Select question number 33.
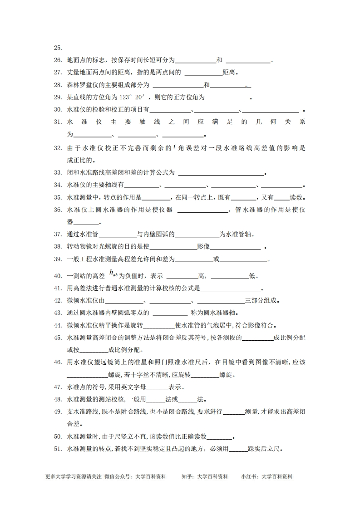(x=58, y=172)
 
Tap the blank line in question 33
(x=221, y=173)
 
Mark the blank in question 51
(x=238, y=450)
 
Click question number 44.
(x=58, y=325)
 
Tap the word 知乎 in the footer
(x=187, y=477)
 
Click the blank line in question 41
(x=231, y=289)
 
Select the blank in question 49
(x=234, y=412)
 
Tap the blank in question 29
(x=226, y=98)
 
